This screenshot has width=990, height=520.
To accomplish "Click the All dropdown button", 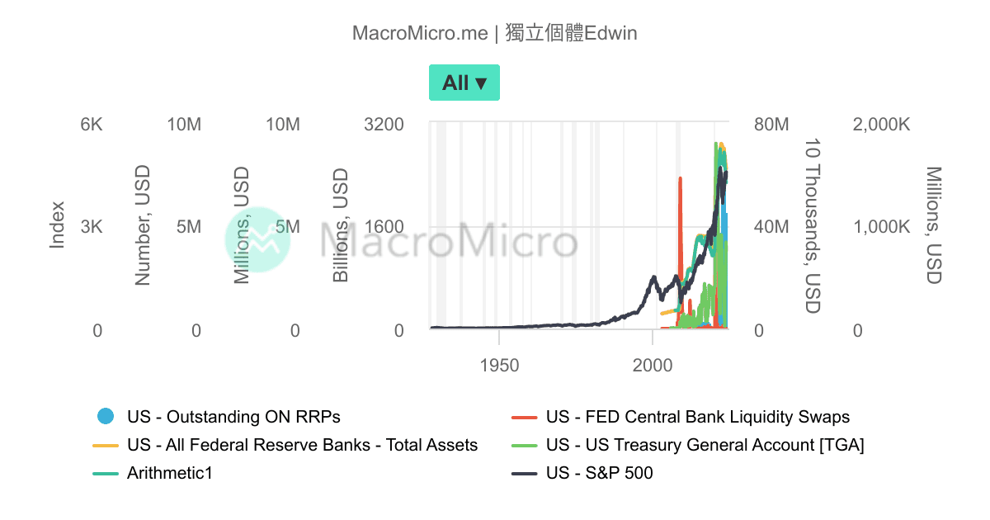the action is [x=464, y=83].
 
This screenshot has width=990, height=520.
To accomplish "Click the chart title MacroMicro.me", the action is [x=420, y=33].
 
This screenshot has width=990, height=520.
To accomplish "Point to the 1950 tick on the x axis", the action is [x=499, y=366].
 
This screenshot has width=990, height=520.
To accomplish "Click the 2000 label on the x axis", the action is [x=653, y=366].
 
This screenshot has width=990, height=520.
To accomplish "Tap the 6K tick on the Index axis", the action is [x=92, y=125].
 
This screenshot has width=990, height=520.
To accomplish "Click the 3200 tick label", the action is [x=384, y=125].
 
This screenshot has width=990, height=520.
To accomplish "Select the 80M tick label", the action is [x=771, y=125].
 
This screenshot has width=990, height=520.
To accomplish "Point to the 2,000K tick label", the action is [x=881, y=125].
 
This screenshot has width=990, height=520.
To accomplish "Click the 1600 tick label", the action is [x=384, y=227].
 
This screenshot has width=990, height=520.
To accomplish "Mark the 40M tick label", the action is [x=771, y=227].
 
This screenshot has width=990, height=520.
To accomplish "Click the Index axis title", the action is [x=57, y=225].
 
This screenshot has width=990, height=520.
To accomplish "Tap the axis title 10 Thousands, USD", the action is [x=813, y=226].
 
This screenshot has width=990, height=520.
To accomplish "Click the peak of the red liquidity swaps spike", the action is [x=680, y=178].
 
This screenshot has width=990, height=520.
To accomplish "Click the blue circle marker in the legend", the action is [x=106, y=416].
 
